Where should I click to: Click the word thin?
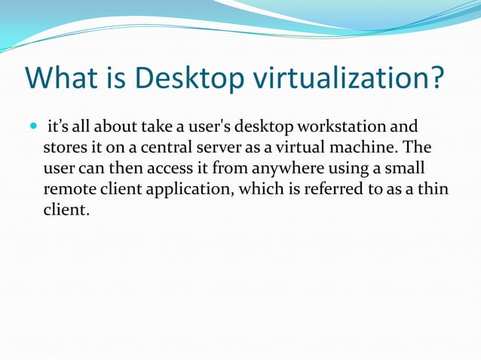(431, 188)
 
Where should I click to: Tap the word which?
(264, 188)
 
